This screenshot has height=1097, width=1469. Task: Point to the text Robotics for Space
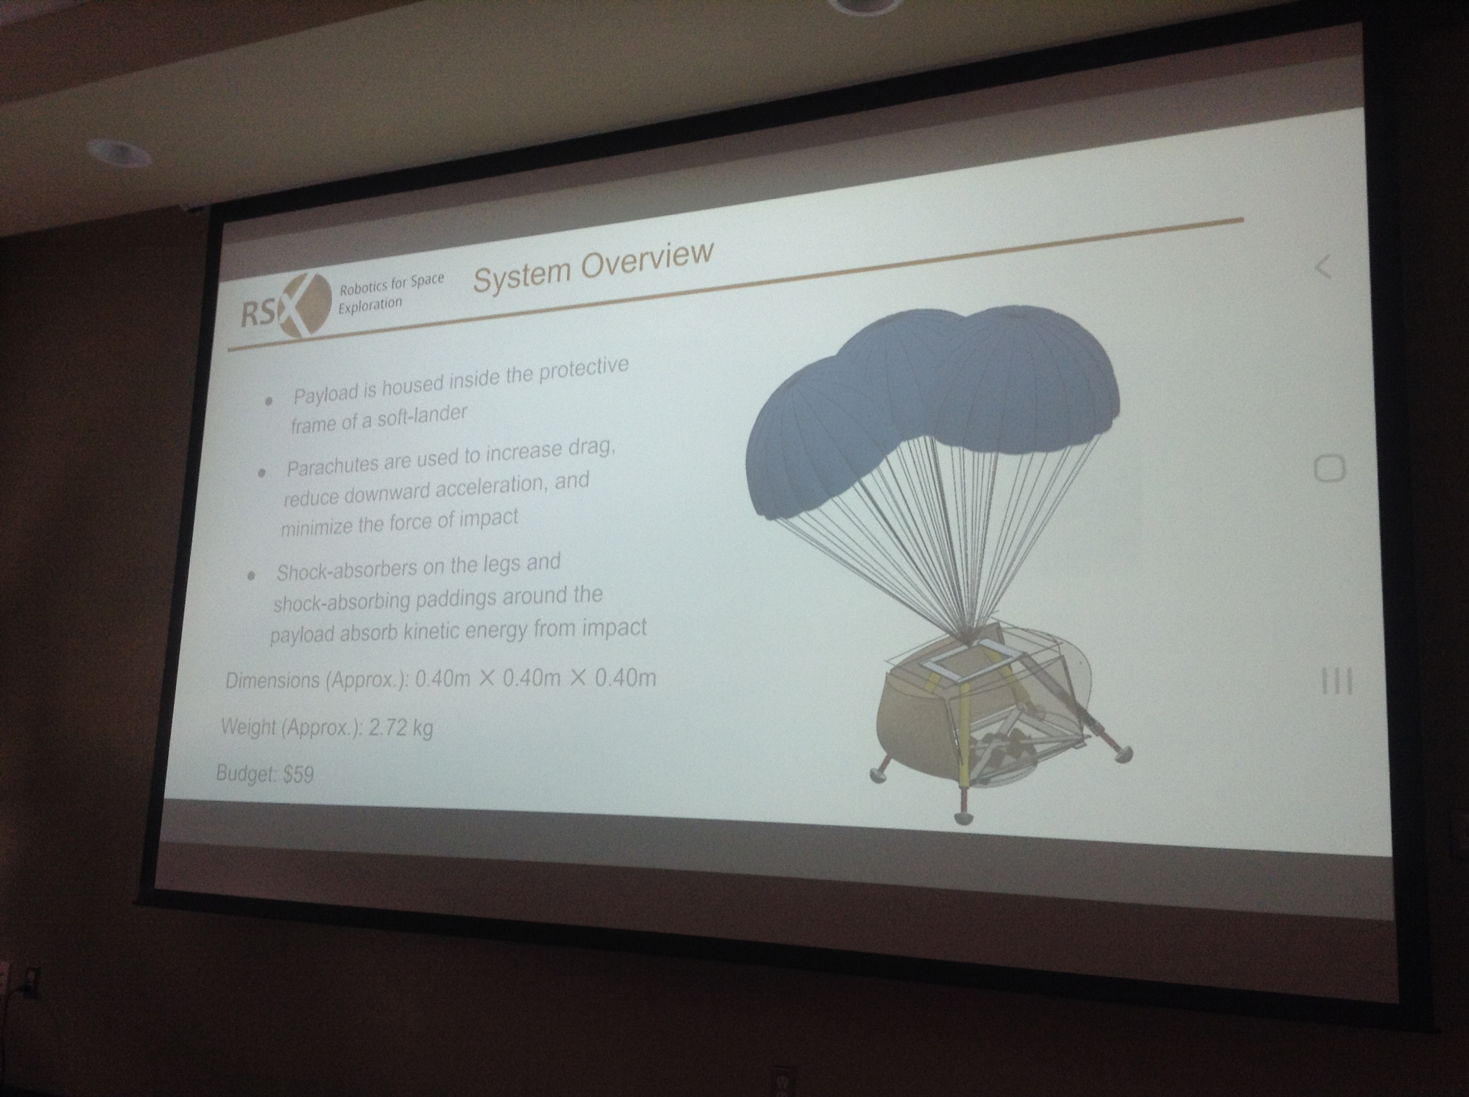[392, 285]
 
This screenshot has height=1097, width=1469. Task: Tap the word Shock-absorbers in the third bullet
[347, 571]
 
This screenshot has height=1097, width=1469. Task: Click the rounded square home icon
[1330, 469]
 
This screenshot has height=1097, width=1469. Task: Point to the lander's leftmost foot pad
[881, 774]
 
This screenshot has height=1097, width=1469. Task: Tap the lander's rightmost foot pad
[1122, 753]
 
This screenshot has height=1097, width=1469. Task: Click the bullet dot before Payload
[268, 401]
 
